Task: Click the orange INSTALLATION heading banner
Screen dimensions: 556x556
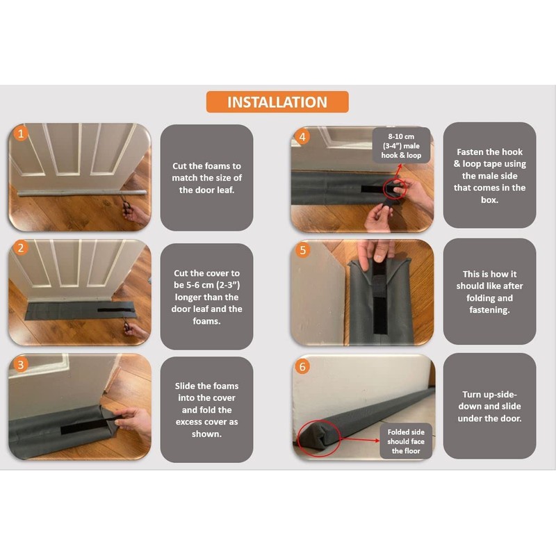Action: (277, 101)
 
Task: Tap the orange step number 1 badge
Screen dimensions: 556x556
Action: (21, 133)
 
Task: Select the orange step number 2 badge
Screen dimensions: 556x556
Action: (21, 247)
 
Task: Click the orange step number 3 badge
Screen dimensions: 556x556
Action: (21, 364)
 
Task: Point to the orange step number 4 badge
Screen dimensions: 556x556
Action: (302, 136)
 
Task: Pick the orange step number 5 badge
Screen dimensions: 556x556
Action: (302, 250)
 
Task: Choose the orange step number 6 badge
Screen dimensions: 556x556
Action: (302, 366)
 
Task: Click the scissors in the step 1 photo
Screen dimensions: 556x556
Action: (126, 206)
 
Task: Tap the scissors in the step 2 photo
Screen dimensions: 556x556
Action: (126, 325)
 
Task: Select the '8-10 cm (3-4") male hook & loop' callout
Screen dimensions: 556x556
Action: (401, 145)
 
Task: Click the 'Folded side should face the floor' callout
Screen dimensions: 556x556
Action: (406, 441)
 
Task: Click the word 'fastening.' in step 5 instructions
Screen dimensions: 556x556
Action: (490, 310)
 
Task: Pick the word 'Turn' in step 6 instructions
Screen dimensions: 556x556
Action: (472, 394)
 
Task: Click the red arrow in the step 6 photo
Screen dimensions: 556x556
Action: (359, 440)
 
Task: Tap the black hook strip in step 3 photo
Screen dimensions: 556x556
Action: (85, 427)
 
